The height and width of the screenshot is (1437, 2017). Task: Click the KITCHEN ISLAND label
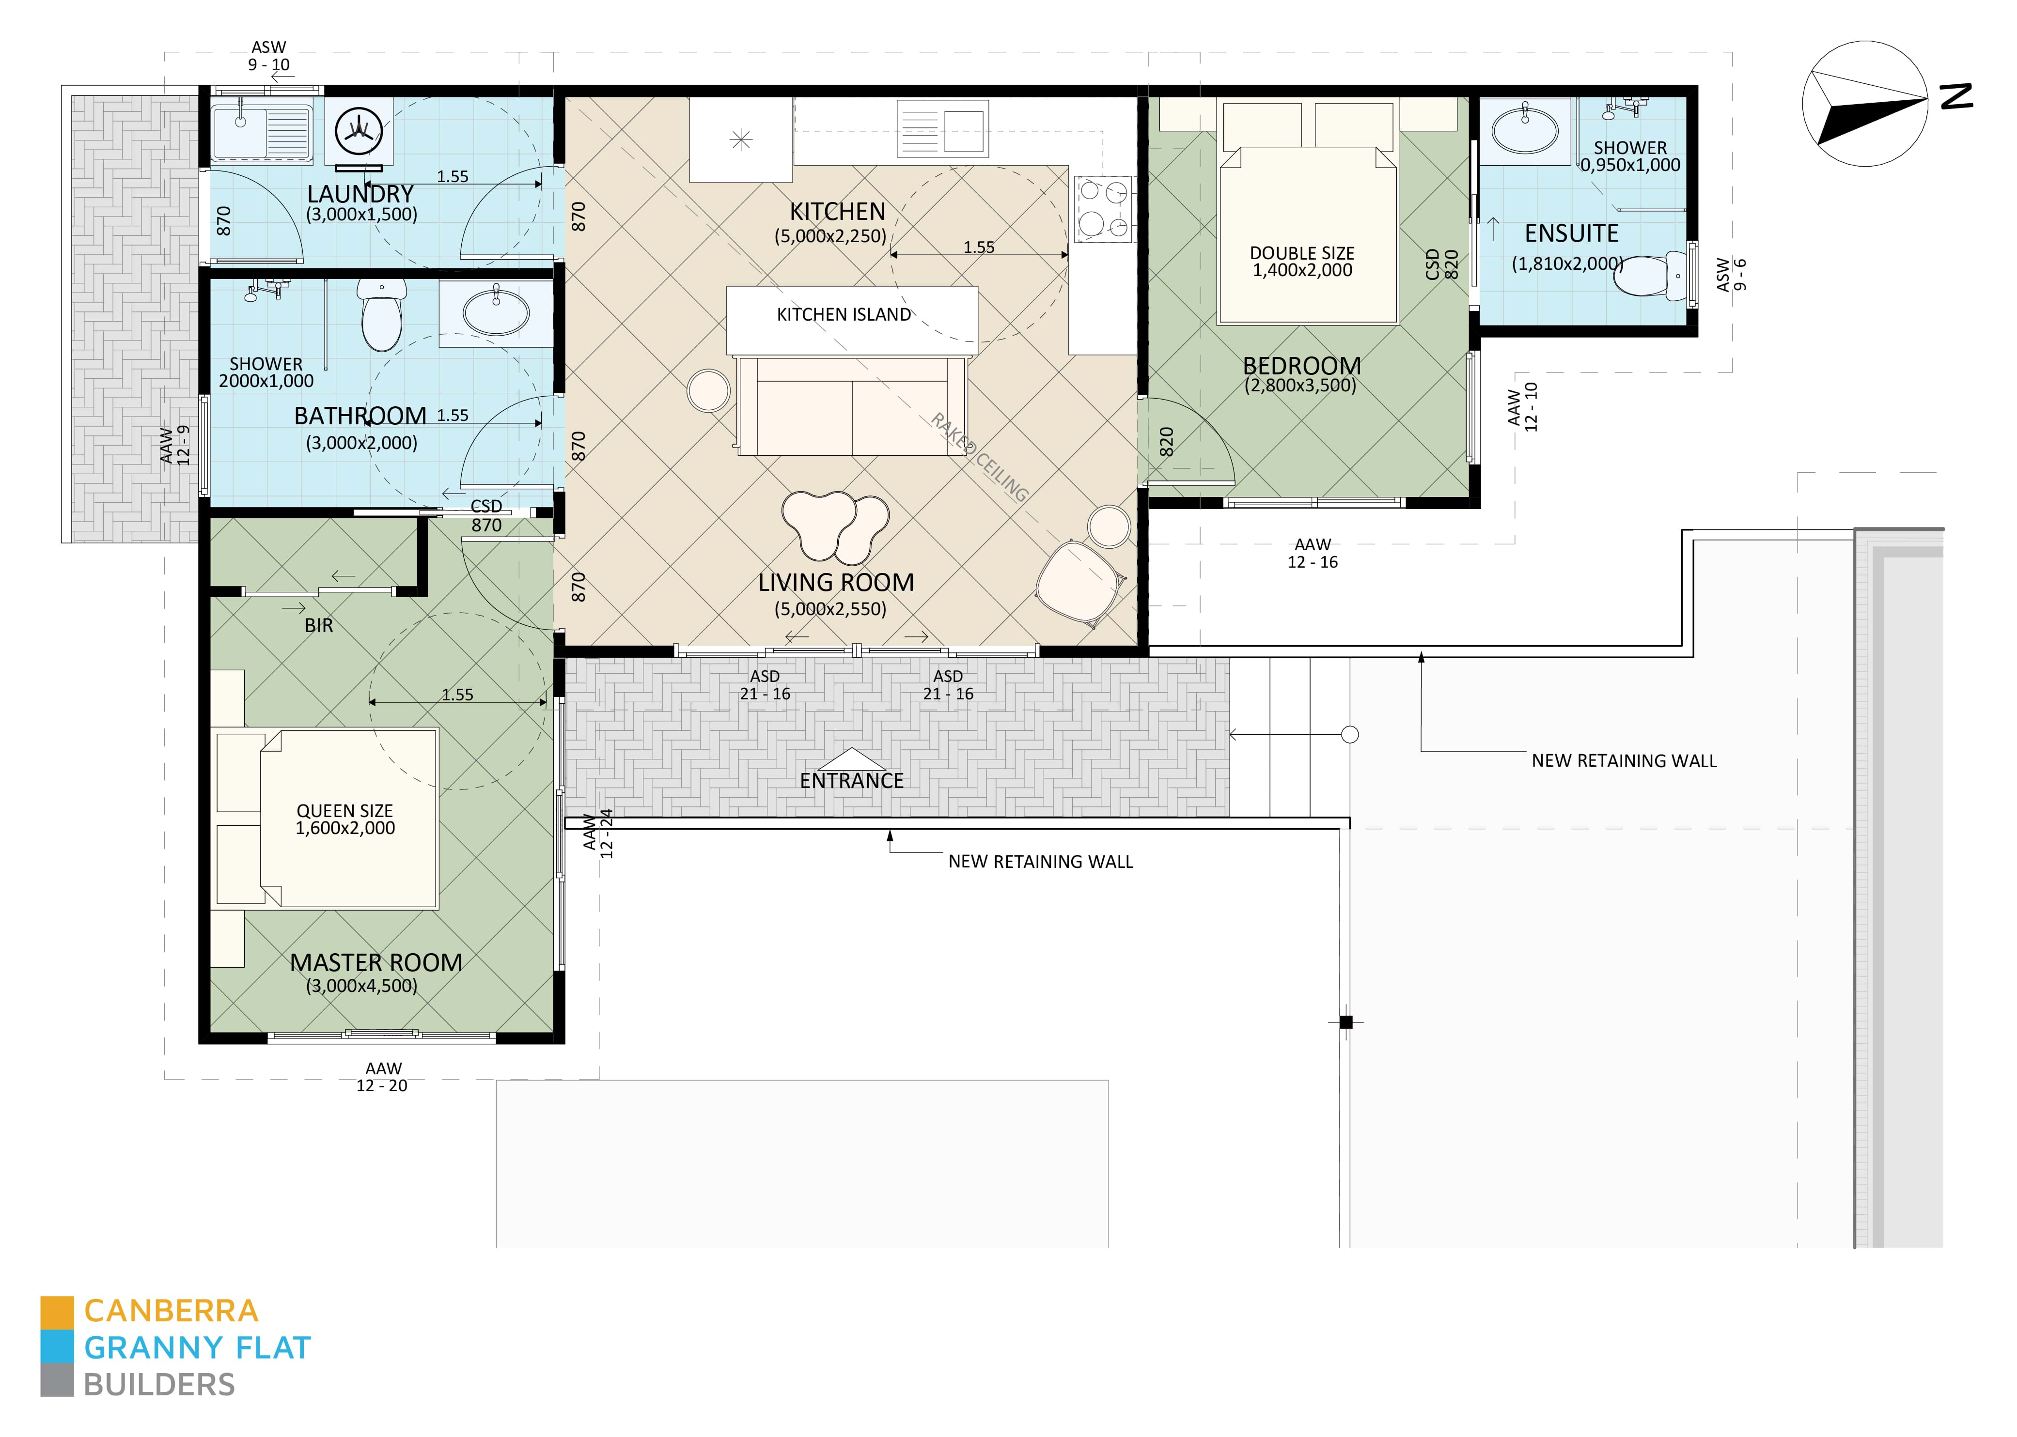844,315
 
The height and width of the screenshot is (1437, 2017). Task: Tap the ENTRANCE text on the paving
851,780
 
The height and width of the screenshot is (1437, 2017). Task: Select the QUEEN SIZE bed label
345,819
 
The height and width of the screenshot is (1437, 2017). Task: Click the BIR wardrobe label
319,626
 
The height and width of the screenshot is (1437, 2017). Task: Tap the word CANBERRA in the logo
171,1311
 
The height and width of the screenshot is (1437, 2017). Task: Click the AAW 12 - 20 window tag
382,1077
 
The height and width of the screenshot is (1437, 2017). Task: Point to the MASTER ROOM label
376,963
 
